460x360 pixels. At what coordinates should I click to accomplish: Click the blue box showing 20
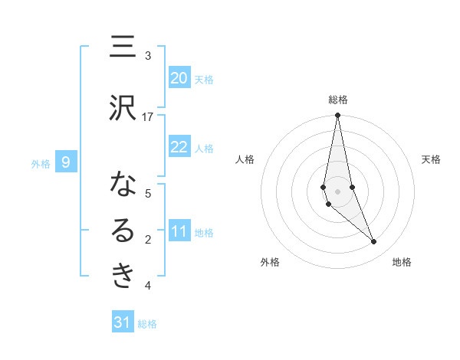tap(179, 78)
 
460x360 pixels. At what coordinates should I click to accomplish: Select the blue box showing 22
tap(179, 147)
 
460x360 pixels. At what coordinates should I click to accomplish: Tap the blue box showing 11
tap(179, 231)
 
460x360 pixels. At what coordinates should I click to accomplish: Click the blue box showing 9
tap(66, 162)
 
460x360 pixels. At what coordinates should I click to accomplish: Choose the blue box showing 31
tap(123, 322)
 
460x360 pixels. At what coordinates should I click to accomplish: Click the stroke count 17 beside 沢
tap(148, 117)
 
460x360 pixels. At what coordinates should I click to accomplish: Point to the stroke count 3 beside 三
tap(148, 56)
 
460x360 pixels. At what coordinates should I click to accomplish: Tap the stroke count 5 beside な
tap(148, 194)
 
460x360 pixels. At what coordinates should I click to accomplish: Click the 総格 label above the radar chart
tap(338, 100)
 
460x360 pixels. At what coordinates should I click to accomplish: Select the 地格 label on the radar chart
tap(402, 262)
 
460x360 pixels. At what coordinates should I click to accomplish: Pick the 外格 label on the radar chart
tap(270, 262)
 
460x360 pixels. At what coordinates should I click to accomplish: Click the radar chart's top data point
tap(337, 116)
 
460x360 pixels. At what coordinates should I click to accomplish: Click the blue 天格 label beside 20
tap(204, 80)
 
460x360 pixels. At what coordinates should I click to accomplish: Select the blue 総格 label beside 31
tap(147, 324)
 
